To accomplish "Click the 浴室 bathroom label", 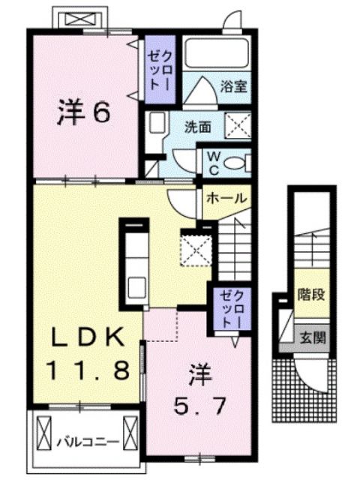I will click(x=232, y=86).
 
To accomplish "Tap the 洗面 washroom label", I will click(x=199, y=127).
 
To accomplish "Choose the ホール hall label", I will click(x=225, y=198).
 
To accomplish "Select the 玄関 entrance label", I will click(x=312, y=337).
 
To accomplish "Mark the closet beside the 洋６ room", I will click(x=160, y=69).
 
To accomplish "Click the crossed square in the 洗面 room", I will click(x=238, y=127).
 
